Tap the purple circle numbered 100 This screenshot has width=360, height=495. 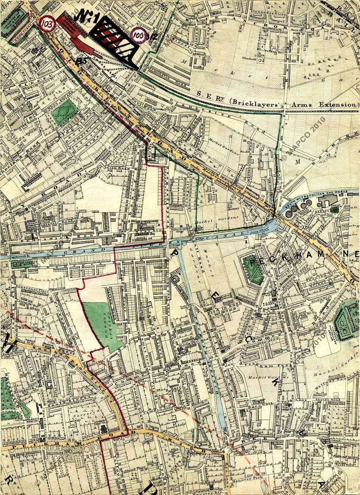pyautogui.click(x=139, y=36)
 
